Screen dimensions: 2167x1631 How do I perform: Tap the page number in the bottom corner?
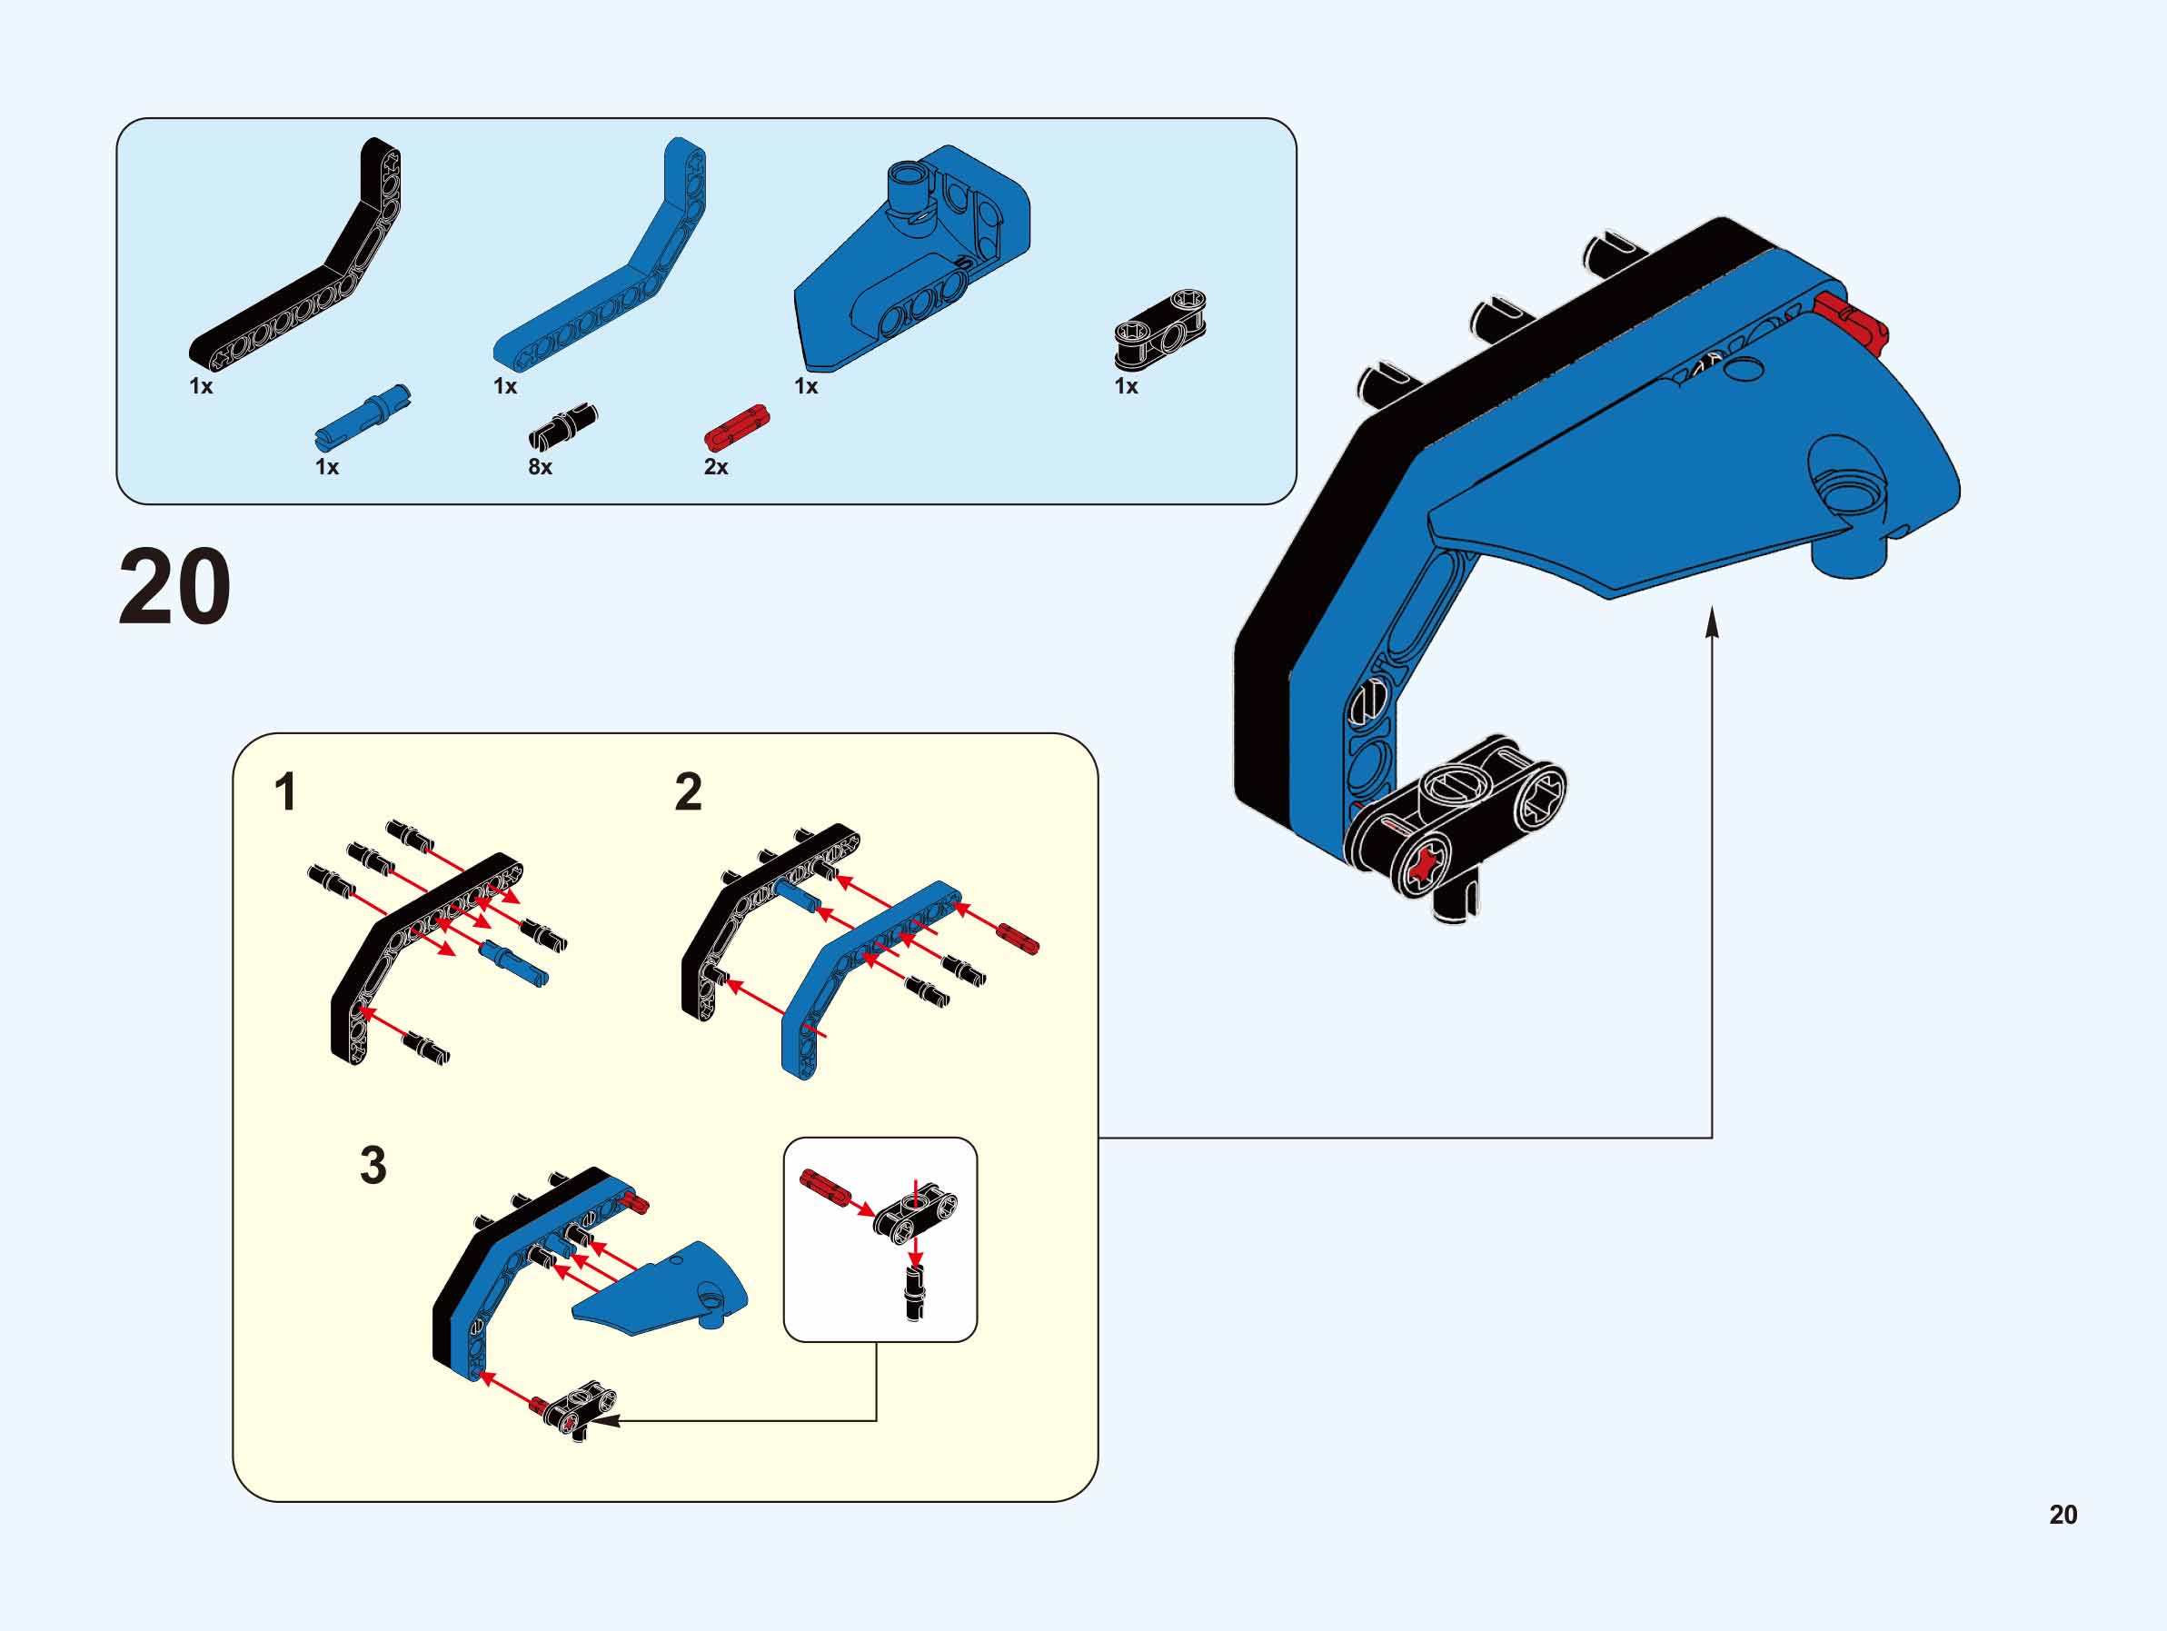coord(2063,1515)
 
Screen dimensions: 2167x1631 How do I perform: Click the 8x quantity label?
coord(540,467)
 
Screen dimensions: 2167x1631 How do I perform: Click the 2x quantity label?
coord(716,467)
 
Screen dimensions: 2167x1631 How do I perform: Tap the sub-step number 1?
coord(286,792)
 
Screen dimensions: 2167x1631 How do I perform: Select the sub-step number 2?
coord(689,791)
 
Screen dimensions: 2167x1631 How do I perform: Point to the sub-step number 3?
coord(373,1165)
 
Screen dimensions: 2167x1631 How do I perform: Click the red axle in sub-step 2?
coord(1018,938)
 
